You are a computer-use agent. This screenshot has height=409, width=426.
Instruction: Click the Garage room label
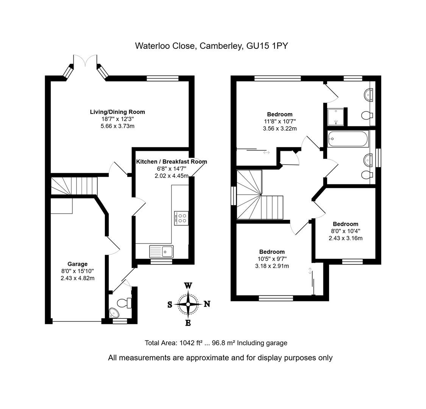pyautogui.click(x=77, y=264)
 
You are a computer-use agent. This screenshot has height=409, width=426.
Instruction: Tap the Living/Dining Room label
pyautogui.click(x=117, y=112)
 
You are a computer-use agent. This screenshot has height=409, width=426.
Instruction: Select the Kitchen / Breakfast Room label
pyautogui.click(x=172, y=162)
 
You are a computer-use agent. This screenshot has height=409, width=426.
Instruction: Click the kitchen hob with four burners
pyautogui.click(x=181, y=218)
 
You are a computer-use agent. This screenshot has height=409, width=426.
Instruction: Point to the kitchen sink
pyautogui.click(x=161, y=251)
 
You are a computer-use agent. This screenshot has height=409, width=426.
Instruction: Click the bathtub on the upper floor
pyautogui.click(x=348, y=139)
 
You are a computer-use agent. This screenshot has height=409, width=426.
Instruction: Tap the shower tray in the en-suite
pyautogui.click(x=335, y=117)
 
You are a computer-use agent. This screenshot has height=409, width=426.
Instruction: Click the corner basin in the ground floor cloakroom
pyautogui.click(x=113, y=313)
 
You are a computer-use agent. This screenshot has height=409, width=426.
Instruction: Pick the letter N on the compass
pyautogui.click(x=207, y=304)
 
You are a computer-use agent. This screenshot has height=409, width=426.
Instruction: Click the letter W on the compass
pyautogui.click(x=188, y=286)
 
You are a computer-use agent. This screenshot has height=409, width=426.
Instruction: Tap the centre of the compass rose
pyautogui.click(x=188, y=304)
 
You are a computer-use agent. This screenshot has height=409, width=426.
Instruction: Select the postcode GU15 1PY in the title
pyautogui.click(x=267, y=46)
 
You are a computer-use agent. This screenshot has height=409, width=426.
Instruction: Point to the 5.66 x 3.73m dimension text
pyautogui.click(x=117, y=126)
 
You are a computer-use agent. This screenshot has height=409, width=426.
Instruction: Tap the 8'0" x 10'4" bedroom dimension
pyautogui.click(x=345, y=231)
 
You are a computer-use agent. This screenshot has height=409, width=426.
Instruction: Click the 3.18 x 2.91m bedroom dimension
pyautogui.click(x=272, y=266)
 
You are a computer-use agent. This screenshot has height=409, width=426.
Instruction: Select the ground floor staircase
pyautogui.click(x=74, y=186)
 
